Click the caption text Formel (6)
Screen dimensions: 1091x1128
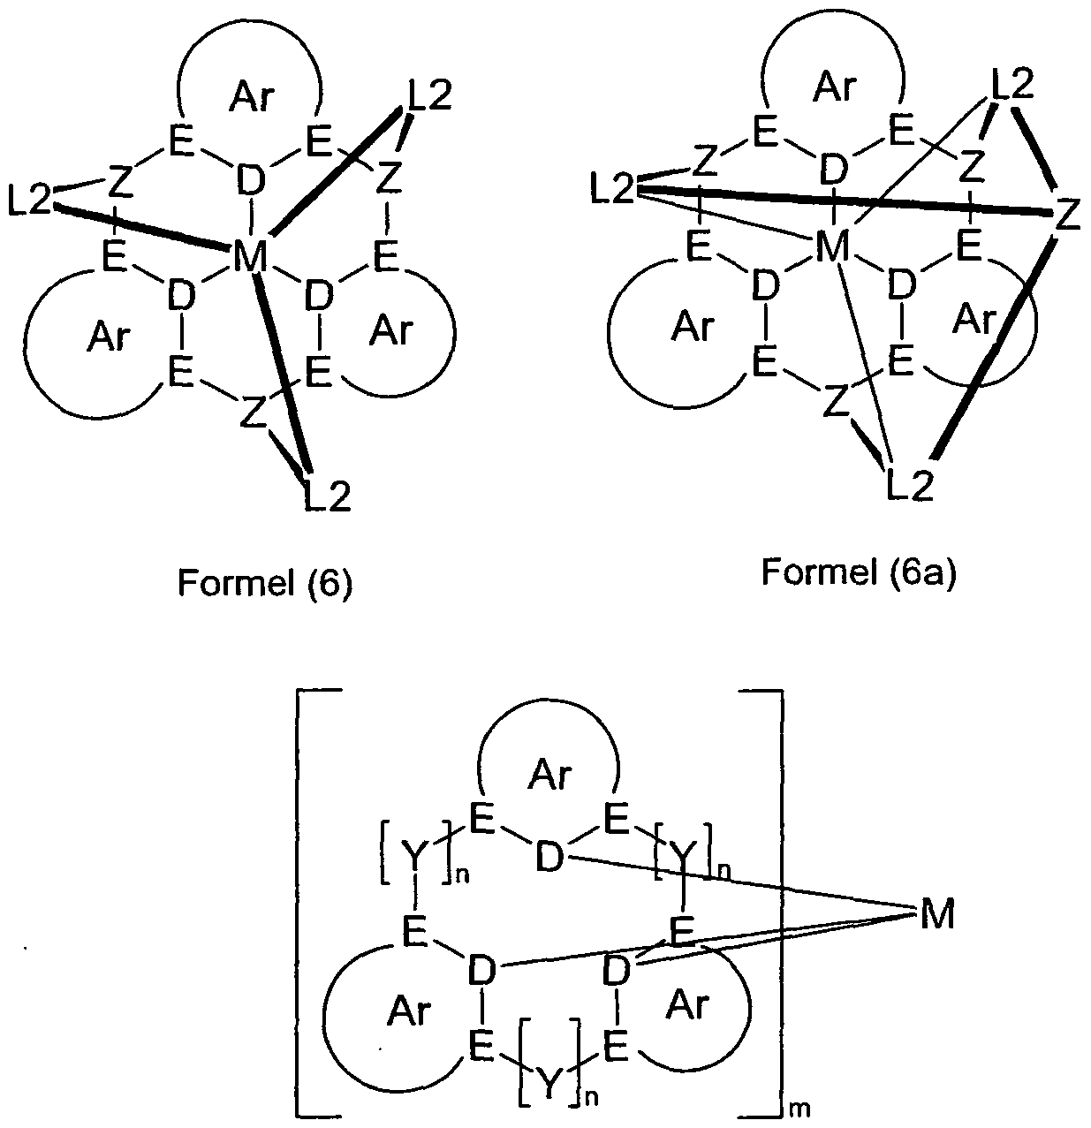[265, 583]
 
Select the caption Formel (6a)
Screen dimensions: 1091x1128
[860, 572]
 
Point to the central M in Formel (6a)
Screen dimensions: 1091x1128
[832, 246]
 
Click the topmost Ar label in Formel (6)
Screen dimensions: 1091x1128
[252, 96]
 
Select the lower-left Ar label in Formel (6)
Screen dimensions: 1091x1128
[110, 337]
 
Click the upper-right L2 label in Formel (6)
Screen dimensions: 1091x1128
[429, 95]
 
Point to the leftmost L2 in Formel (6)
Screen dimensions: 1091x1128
[30, 199]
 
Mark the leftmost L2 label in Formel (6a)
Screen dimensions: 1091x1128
[612, 189]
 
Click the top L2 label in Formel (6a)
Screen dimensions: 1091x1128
[1012, 85]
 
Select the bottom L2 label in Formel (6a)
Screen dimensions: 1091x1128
[911, 485]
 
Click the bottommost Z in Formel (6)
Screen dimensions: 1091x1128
[253, 413]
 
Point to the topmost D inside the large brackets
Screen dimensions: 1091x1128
[549, 857]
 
